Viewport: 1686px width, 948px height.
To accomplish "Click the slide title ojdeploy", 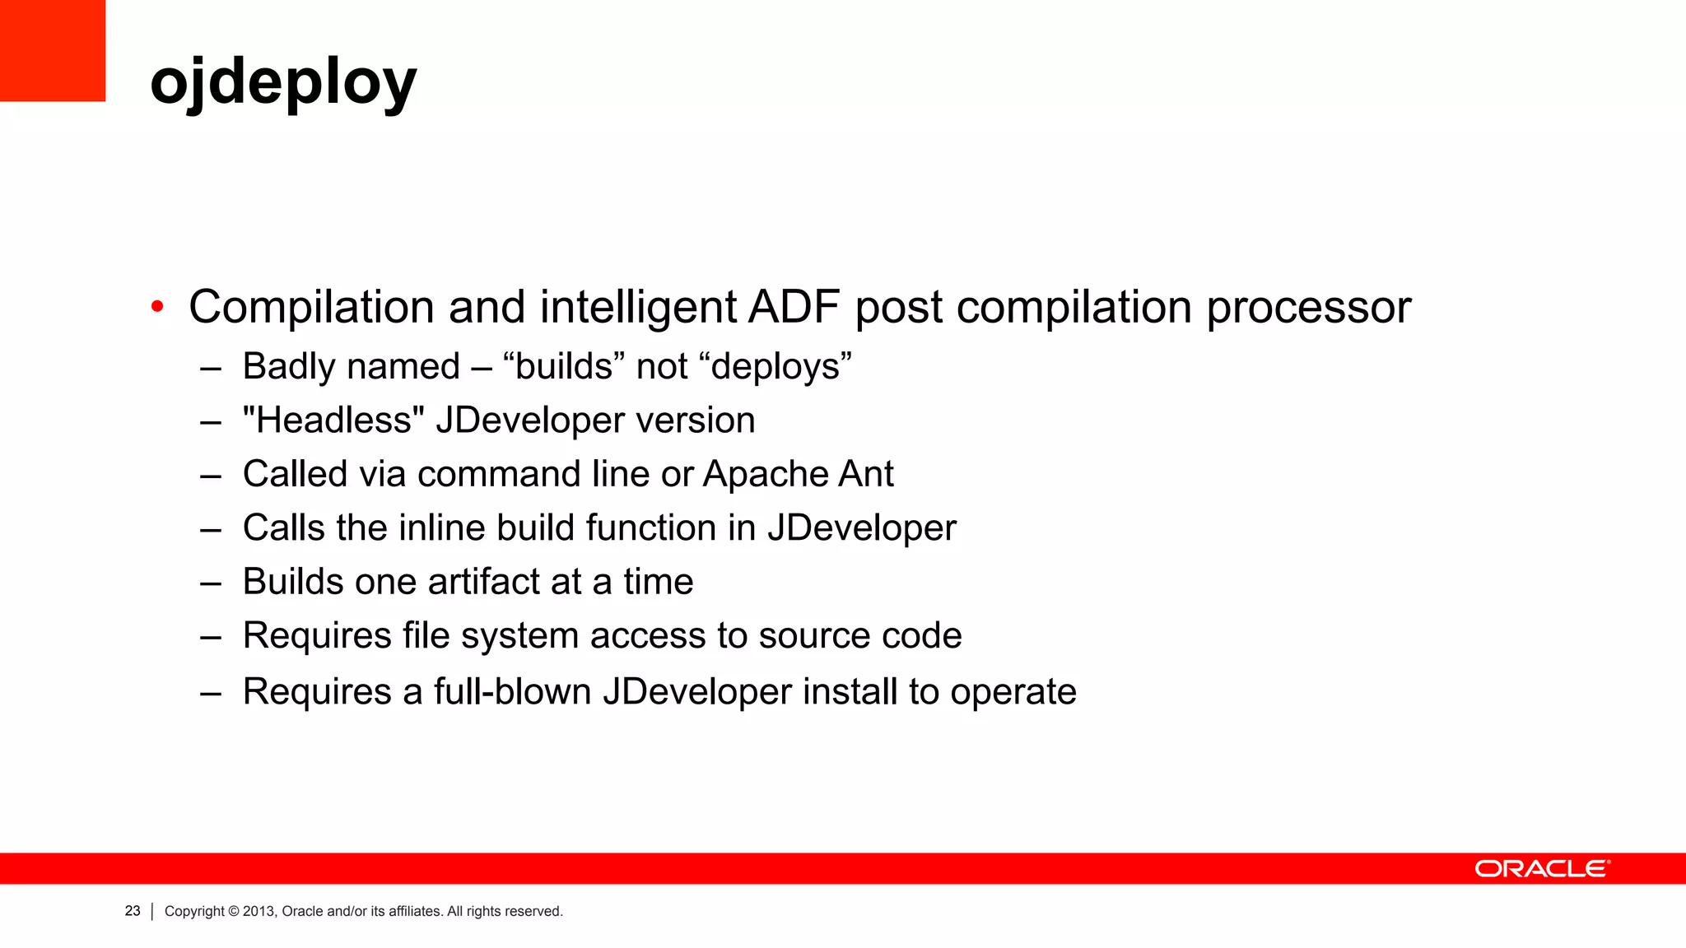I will click(x=283, y=82).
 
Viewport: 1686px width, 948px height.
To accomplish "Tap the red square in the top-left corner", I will click(x=52, y=50).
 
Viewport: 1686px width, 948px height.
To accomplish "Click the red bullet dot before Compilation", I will click(x=157, y=308).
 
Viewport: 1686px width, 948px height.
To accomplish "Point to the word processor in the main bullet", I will click(x=1308, y=309).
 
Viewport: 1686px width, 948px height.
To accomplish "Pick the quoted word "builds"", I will click(x=564, y=366).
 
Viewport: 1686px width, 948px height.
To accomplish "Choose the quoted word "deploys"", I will click(x=780, y=366).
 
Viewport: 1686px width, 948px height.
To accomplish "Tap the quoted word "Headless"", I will click(x=333, y=420).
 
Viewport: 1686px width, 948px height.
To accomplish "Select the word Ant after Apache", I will click(x=866, y=474).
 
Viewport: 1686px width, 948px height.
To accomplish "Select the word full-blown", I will click(x=512, y=691).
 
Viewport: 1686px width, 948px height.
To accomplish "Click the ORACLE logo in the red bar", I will click(x=1542, y=869).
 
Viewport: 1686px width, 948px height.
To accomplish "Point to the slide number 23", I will click(x=133, y=911).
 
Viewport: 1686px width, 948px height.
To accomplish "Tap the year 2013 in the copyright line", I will click(x=258, y=911).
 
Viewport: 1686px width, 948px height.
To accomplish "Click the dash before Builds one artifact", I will click(x=211, y=583).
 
